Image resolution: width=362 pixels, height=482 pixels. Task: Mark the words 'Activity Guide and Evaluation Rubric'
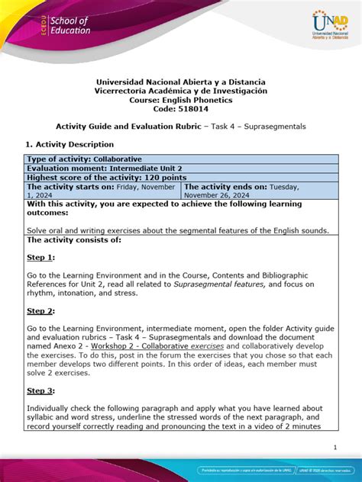[x=134, y=125]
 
